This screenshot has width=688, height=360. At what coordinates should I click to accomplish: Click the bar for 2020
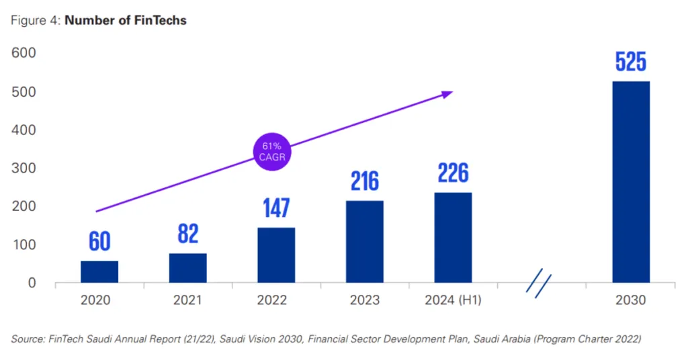tap(99, 271)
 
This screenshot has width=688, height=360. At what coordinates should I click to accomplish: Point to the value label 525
tap(630, 62)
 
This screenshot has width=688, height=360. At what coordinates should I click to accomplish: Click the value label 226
tap(453, 174)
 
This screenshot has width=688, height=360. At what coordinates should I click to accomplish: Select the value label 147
tap(275, 208)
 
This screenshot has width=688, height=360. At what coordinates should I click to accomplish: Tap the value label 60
tap(99, 242)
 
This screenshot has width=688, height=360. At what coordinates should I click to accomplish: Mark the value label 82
tap(187, 234)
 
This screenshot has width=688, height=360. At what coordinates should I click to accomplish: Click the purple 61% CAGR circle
tap(272, 152)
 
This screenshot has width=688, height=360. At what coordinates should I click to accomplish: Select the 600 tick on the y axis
tap(23, 53)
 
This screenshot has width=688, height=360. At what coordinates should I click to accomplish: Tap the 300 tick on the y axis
tap(23, 168)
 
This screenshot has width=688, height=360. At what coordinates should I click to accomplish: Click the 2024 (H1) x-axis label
tap(453, 300)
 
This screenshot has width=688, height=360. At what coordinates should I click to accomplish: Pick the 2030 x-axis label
tap(630, 300)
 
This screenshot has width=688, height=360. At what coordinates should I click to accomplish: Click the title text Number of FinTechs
tap(125, 20)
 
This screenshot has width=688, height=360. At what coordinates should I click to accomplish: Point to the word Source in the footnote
tap(28, 340)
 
